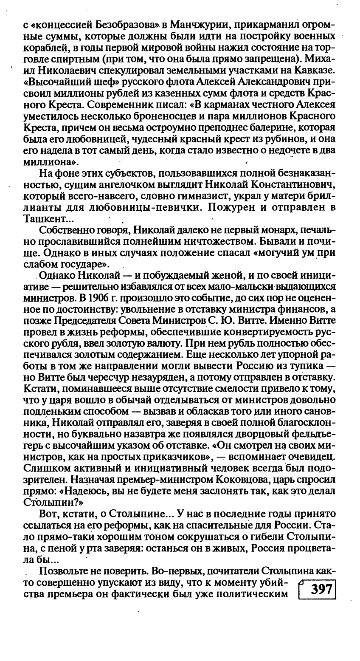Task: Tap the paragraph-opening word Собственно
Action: [64, 231]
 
